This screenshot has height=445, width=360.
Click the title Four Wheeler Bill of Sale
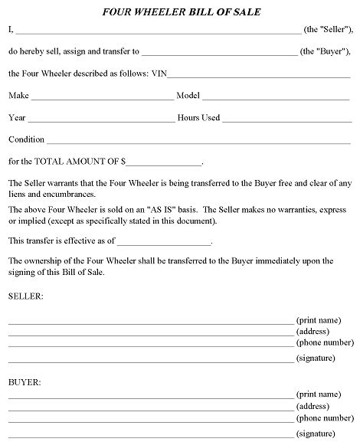179,12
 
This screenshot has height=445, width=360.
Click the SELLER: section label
26,295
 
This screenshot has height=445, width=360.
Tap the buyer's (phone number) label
325,420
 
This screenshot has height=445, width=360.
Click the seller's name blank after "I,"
157,33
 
